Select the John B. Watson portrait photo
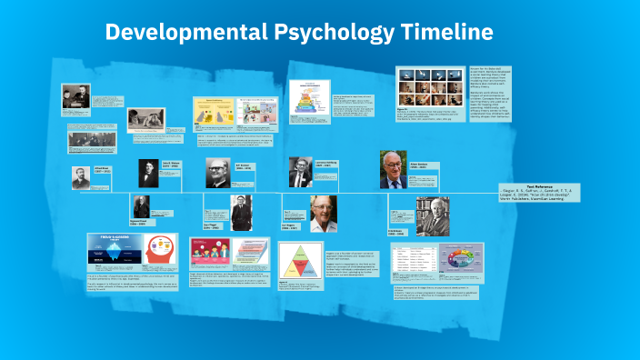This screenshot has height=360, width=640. (148, 171)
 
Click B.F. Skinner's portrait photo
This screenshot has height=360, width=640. (215, 172)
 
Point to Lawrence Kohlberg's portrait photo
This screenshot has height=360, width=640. (301, 172)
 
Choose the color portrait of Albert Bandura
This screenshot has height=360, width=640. (393, 170)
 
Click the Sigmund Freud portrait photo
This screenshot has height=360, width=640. (141, 206)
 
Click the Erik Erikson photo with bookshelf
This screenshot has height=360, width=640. (432, 215)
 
